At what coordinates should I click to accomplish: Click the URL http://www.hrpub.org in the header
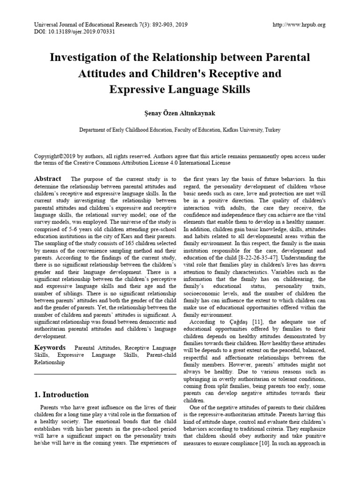point(299,25)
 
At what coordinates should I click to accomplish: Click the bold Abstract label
point(48,179)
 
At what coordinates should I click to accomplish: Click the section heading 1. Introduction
point(61,395)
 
